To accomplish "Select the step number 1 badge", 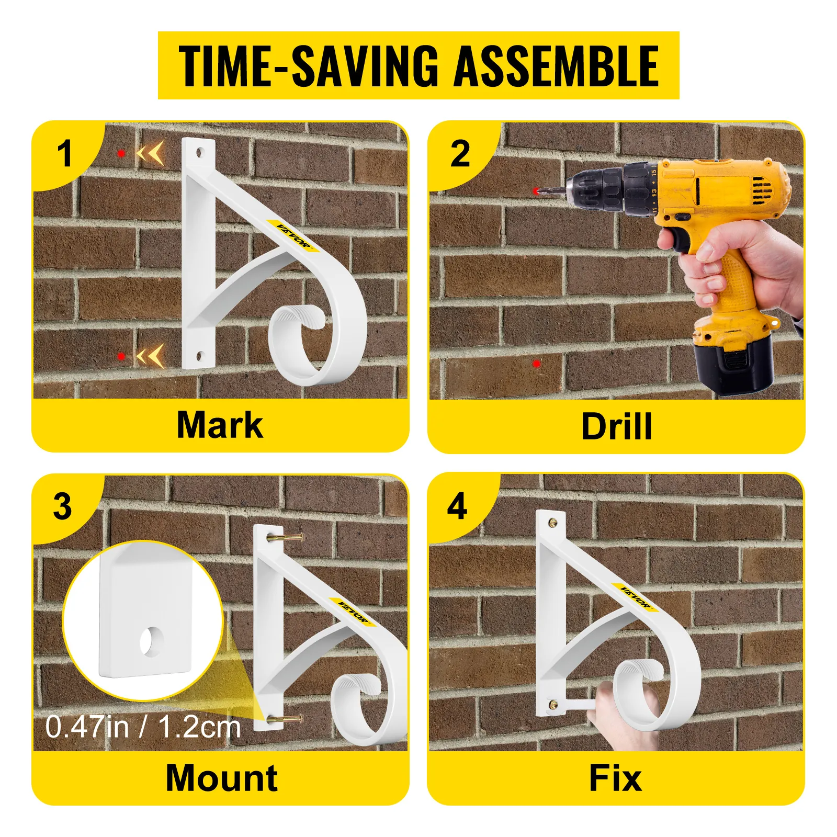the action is [64, 154].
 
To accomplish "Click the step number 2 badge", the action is [460, 154].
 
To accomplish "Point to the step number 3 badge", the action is [63, 506].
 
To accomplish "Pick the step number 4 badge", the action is [457, 506].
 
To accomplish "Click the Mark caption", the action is [220, 425].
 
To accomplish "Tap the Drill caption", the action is [617, 427].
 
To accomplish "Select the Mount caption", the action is [222, 778].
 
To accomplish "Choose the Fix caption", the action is [615, 778].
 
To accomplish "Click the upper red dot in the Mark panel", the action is [121, 153].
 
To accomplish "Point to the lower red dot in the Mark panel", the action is [121, 356].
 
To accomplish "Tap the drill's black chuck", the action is [607, 187].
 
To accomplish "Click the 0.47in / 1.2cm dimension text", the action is [143, 727].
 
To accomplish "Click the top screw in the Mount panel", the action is [287, 537].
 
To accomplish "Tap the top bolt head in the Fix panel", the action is [553, 523].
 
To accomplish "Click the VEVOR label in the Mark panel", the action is [294, 236].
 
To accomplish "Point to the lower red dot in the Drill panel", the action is [536, 364].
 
